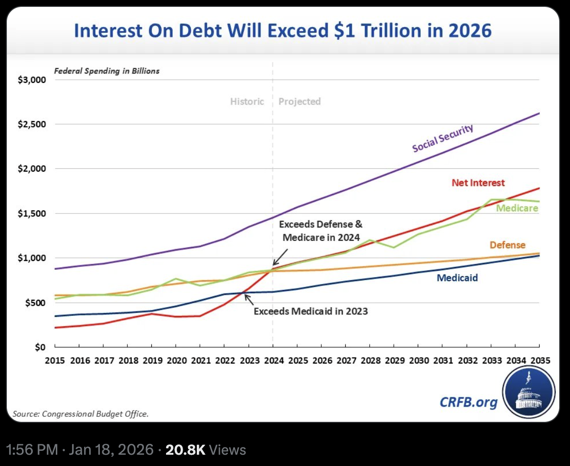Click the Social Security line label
pyautogui.click(x=443, y=138)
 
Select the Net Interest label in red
pyautogui.click(x=477, y=183)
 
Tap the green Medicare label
pyautogui.click(x=517, y=208)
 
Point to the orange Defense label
pyautogui.click(x=507, y=245)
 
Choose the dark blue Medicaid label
pyautogui.click(x=457, y=278)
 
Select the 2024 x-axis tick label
pyautogui.click(x=272, y=360)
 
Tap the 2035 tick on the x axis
pyautogui.click(x=540, y=360)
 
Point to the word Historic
pyautogui.click(x=247, y=102)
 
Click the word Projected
pyautogui.click(x=299, y=102)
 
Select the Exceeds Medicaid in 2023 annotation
pyautogui.click(x=310, y=311)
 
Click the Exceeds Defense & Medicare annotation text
pyautogui.click(x=320, y=231)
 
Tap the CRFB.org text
pyautogui.click(x=468, y=402)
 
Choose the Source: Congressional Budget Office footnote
pyautogui.click(x=80, y=414)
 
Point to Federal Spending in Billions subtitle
pyautogui.click(x=107, y=71)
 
